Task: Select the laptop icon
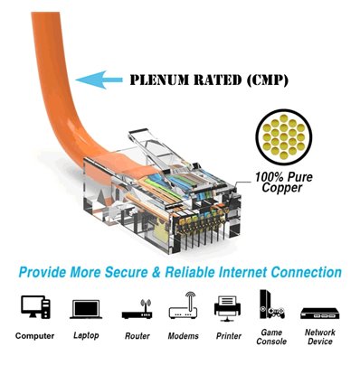click(85, 309)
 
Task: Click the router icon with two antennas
click(137, 309)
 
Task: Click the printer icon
click(227, 308)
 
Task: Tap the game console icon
click(270, 306)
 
